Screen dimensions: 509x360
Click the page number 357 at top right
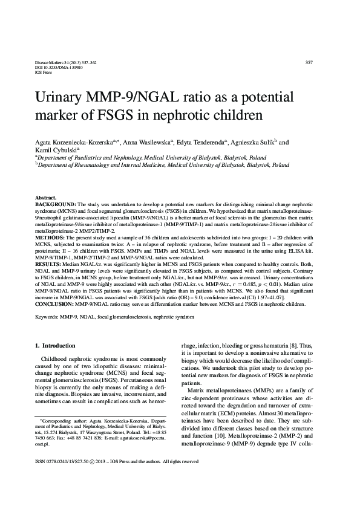[x=309, y=63]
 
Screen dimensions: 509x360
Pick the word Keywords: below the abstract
[x=50, y=316]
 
